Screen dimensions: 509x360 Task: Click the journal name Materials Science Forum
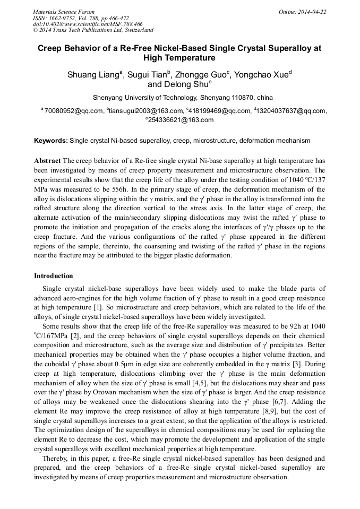click(64, 12)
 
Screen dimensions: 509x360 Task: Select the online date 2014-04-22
click(312, 12)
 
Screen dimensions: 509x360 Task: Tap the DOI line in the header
click(88, 24)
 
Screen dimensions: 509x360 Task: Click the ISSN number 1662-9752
click(68, 18)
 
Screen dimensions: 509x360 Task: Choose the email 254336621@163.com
click(181, 120)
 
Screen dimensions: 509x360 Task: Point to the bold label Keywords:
click(51, 141)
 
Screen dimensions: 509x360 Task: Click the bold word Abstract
click(47, 160)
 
